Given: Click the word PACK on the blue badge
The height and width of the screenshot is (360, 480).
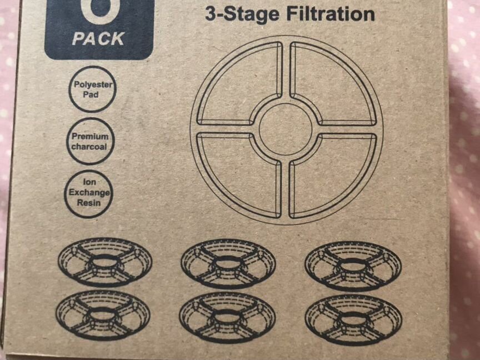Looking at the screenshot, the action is pyautogui.click(x=98, y=39).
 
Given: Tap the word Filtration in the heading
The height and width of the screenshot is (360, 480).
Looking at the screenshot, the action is pyautogui.click(x=331, y=14).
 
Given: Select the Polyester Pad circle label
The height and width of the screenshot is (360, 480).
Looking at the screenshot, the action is pyautogui.click(x=92, y=89).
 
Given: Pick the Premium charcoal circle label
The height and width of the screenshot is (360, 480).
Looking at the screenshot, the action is pyautogui.click(x=91, y=142).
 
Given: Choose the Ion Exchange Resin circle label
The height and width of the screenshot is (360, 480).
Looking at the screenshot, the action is pyautogui.click(x=89, y=194).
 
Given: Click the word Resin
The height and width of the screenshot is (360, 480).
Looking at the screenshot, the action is pyautogui.click(x=89, y=203).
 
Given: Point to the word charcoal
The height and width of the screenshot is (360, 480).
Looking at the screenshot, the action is pyautogui.click(x=89, y=147).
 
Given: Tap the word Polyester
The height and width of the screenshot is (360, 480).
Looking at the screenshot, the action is pyautogui.click(x=93, y=84).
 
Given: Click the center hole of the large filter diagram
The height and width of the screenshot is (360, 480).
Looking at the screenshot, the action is pyautogui.click(x=286, y=129).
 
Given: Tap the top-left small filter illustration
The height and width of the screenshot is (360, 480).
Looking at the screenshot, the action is pyautogui.click(x=105, y=262).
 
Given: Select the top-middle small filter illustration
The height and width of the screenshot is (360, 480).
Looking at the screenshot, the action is pyautogui.click(x=228, y=263).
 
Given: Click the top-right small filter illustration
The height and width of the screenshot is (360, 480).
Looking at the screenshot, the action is pyautogui.click(x=353, y=266).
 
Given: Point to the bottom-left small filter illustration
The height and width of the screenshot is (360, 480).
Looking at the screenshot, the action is pyautogui.click(x=103, y=314).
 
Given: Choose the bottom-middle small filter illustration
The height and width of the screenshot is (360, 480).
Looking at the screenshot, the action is pyautogui.click(x=227, y=317).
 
